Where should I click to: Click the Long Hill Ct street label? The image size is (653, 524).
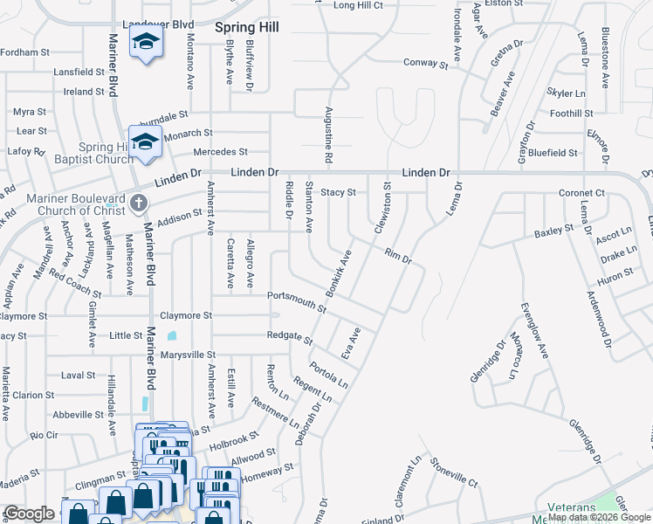358,5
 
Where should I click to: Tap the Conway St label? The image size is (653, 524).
425,63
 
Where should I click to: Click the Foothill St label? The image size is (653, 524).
571,114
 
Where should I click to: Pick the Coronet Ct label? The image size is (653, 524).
582,193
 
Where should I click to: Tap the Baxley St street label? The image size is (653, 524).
553,231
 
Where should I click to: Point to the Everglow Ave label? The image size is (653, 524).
534,331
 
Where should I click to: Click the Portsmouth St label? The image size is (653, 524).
297,300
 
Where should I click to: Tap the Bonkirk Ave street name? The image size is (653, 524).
338,271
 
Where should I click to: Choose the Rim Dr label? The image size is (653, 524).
397,254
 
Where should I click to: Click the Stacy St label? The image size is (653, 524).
339,192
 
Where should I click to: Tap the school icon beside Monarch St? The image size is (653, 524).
145,141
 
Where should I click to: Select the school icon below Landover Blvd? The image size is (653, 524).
145,41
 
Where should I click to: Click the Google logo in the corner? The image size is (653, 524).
29,514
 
